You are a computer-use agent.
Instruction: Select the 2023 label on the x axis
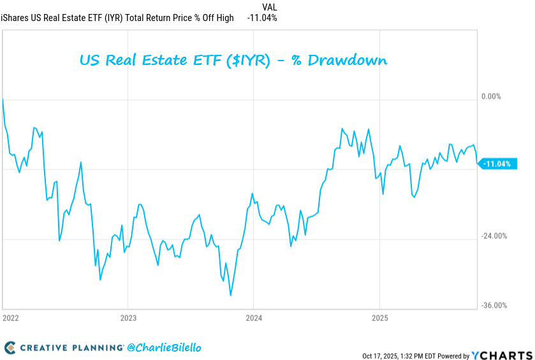128,317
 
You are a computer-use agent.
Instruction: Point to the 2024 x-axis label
254,317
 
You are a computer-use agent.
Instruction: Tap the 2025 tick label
379,317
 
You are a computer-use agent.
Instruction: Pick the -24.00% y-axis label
494,236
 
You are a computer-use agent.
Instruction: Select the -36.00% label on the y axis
494,305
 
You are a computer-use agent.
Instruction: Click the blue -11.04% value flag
496,164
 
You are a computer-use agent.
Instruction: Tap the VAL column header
270,7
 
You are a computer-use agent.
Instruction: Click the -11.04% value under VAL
262,18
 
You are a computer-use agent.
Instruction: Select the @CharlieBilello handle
165,348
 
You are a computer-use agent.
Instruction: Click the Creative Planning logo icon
10,348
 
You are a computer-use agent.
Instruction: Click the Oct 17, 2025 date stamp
382,356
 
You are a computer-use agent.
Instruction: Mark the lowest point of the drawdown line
230,295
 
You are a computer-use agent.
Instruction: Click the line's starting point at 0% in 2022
3,99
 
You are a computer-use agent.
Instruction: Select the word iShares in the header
17,18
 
